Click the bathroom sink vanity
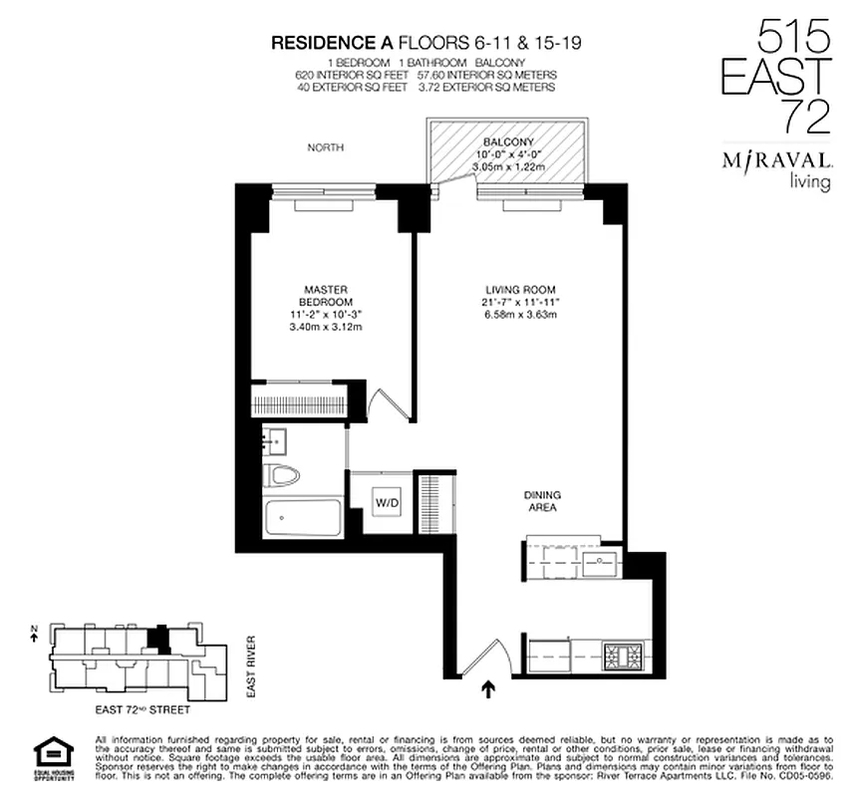[x=277, y=437]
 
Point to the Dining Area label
[x=541, y=500]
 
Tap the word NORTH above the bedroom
[x=327, y=147]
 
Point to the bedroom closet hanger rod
[x=302, y=404]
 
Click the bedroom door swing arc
[x=388, y=403]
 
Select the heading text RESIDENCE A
[x=332, y=43]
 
